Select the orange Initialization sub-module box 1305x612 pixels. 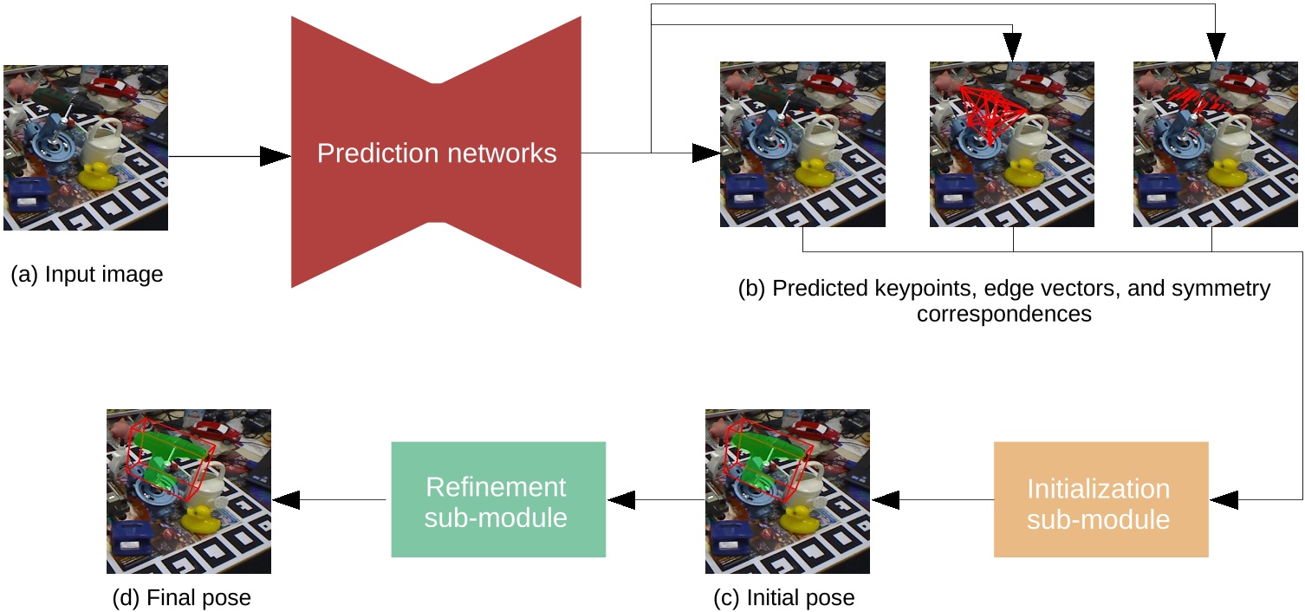[x=1100, y=500]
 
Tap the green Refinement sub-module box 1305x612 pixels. [x=497, y=500]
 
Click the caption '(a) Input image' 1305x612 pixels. [x=87, y=276]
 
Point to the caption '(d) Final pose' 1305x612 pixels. [x=182, y=598]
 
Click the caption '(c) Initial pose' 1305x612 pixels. [x=787, y=598]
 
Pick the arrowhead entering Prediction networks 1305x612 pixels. [x=276, y=156]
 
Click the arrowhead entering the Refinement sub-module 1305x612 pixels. [x=620, y=500]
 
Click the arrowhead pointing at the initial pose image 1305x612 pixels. [x=886, y=500]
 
